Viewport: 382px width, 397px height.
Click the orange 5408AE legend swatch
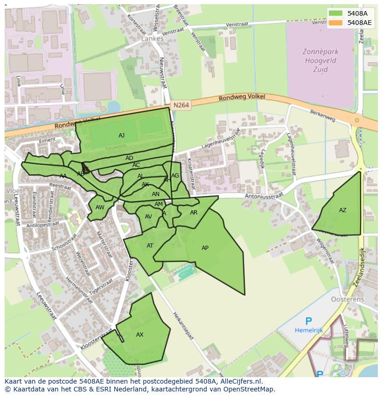(336, 23)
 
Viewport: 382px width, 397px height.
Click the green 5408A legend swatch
(336, 13)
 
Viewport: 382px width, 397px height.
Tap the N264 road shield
(181, 106)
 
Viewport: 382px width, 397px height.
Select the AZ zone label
(342, 210)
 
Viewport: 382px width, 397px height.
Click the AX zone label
(140, 335)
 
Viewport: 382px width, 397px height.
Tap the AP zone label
(205, 248)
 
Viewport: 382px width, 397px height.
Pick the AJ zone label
(121, 136)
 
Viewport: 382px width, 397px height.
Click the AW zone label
(100, 207)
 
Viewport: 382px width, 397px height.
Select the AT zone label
(150, 246)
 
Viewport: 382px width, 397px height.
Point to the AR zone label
(194, 213)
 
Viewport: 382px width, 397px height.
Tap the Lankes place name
(152, 39)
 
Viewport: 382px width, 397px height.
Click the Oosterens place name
(347, 299)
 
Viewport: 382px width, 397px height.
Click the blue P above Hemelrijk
(308, 321)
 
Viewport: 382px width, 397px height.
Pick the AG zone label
(175, 176)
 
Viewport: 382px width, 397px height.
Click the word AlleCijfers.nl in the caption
(240, 381)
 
